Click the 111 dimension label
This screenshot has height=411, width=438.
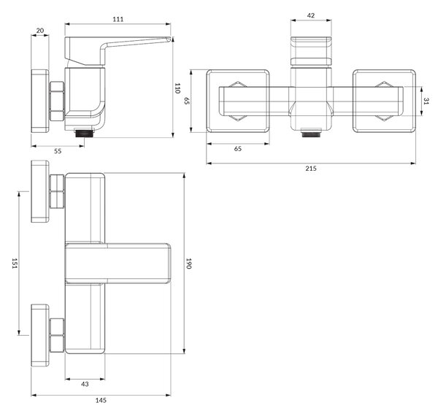point(118,19)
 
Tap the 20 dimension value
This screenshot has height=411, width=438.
point(40,31)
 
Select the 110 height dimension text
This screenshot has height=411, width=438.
point(177,88)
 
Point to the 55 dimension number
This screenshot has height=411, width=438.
point(58,151)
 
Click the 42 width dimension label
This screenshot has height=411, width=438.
point(311,15)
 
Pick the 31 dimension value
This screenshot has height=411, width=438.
point(426,101)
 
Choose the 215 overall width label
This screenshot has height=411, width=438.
point(311,168)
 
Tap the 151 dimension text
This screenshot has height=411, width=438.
point(15,264)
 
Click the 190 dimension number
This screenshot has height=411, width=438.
point(188,264)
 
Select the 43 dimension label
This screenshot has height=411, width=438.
point(85,384)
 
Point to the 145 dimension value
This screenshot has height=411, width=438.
point(101,400)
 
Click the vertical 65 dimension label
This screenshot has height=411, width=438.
point(187,101)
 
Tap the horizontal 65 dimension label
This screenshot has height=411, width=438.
point(238,149)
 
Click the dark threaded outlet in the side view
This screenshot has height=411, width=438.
point(85,132)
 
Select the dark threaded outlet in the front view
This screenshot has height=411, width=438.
point(311,132)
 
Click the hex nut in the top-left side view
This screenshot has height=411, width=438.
point(57,101)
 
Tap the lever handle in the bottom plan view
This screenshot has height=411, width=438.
point(118,264)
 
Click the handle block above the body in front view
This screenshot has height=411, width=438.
point(311,51)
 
